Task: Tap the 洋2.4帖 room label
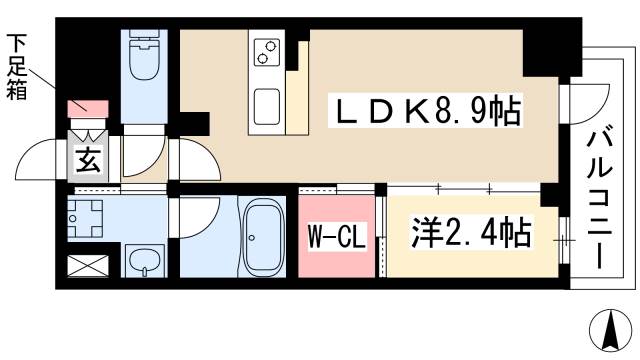pyautogui.click(x=470, y=235)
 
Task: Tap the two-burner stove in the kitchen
pyautogui.click(x=266, y=52)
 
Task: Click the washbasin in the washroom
pyautogui.click(x=145, y=262)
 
